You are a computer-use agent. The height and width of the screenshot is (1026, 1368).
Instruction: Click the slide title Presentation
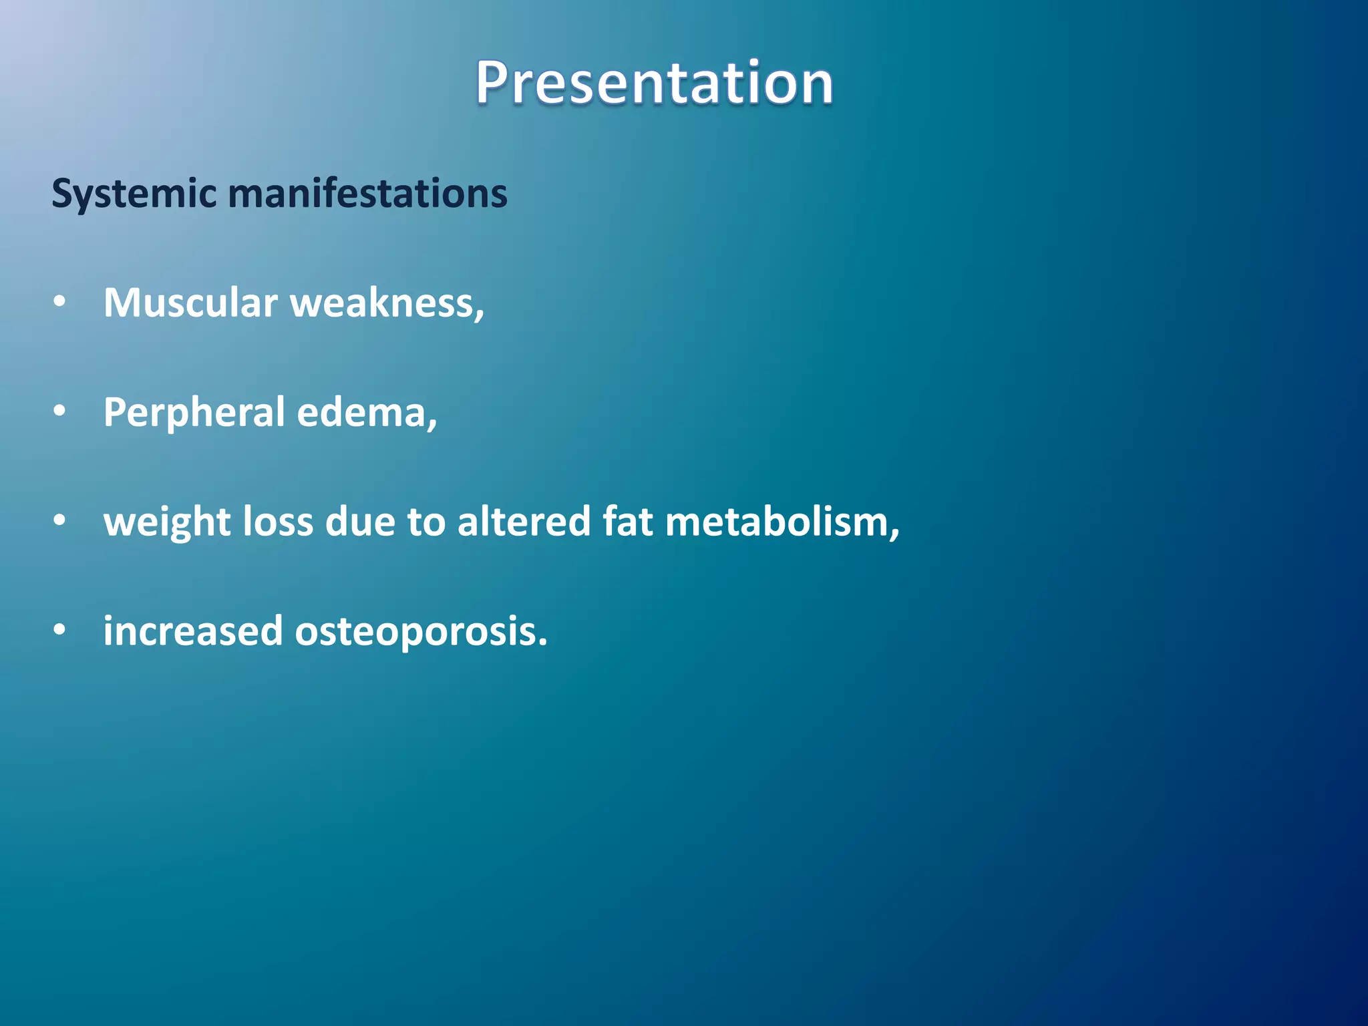point(654,83)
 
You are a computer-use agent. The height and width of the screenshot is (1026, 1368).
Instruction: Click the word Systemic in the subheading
point(134,194)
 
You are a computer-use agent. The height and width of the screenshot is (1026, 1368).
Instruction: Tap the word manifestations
point(367,193)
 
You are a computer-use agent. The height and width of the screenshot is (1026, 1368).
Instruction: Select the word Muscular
point(190,303)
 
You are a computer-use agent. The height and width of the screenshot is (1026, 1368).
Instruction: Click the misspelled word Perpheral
point(194,413)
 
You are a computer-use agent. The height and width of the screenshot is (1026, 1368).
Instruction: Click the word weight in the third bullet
point(167,522)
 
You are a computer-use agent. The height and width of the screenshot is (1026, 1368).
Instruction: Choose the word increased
point(193,631)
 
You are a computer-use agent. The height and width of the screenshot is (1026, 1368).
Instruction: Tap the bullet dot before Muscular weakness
point(60,303)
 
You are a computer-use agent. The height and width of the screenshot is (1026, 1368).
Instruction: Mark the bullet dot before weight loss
point(60,521)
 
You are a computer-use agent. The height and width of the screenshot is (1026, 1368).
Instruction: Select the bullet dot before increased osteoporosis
point(60,631)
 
